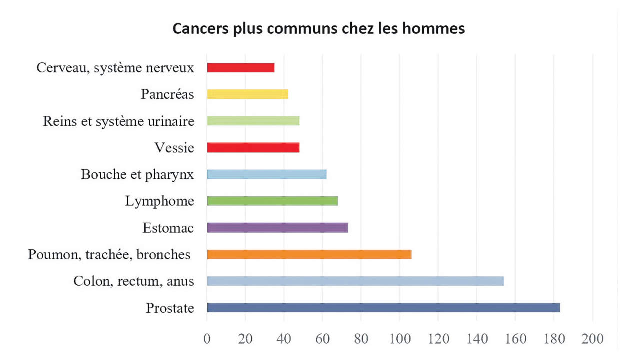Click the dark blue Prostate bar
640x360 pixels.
coord(383,308)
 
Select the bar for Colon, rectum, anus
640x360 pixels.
coord(355,281)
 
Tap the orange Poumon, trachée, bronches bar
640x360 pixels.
coord(309,254)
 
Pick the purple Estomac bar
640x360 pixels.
coord(277,228)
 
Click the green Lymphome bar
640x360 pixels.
coord(272,201)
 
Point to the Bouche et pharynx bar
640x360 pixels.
coord(266,174)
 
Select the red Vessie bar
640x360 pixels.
coord(253,147)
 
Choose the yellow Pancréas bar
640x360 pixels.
coord(247,94)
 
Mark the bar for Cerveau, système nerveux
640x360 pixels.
coord(240,67)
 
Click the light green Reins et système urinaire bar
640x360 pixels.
coord(253,121)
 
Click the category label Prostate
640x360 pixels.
coord(170,308)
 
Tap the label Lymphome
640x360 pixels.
coord(159,201)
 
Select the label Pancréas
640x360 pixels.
coord(167,94)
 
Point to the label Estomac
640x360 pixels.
coord(168,228)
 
